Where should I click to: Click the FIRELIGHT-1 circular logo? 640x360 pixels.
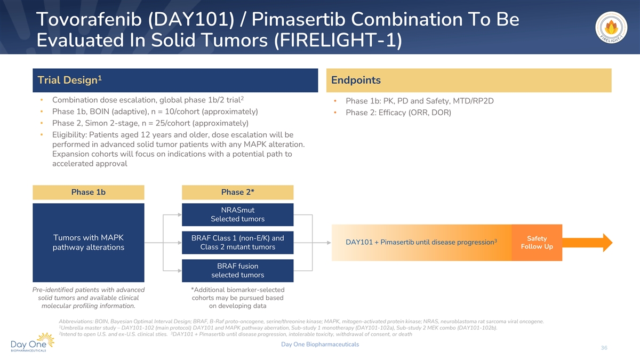click(611, 28)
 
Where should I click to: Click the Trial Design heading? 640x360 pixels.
click(69, 80)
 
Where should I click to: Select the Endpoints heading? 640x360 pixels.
click(356, 81)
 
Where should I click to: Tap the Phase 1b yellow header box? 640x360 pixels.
click(89, 192)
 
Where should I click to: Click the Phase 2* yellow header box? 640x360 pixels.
click(237, 192)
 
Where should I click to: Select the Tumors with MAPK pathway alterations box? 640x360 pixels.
click(89, 243)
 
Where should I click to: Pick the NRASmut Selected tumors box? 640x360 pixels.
click(237, 214)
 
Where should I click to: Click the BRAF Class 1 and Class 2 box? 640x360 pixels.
click(237, 243)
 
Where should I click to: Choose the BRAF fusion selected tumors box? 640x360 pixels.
click(237, 270)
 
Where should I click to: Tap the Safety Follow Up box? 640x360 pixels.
click(537, 243)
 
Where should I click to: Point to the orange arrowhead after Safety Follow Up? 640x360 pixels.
click(607, 243)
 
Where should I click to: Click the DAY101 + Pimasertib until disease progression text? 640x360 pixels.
click(421, 242)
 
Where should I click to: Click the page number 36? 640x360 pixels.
click(604, 348)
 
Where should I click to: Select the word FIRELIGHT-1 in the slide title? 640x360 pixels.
click(338, 40)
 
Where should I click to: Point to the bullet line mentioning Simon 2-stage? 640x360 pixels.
click(150, 123)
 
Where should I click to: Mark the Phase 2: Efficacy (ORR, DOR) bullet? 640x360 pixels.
click(398, 113)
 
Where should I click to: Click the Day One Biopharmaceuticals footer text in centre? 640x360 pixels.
click(320, 345)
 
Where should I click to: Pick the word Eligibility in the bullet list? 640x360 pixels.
click(69, 134)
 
